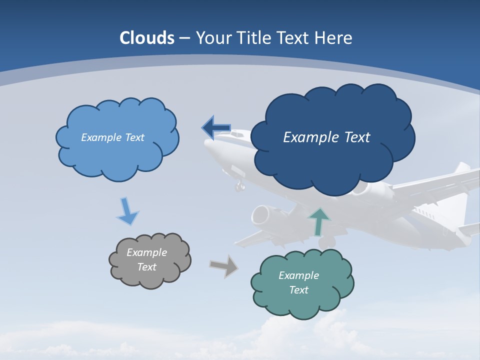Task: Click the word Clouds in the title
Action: pyautogui.click(x=147, y=38)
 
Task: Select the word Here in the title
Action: pyautogui.click(x=334, y=38)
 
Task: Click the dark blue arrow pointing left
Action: pyautogui.click(x=215, y=128)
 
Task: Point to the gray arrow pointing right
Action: pyautogui.click(x=223, y=266)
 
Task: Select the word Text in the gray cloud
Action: pyautogui.click(x=147, y=267)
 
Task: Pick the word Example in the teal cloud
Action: pyautogui.click(x=298, y=275)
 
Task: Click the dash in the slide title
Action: pyautogui.click(x=184, y=38)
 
